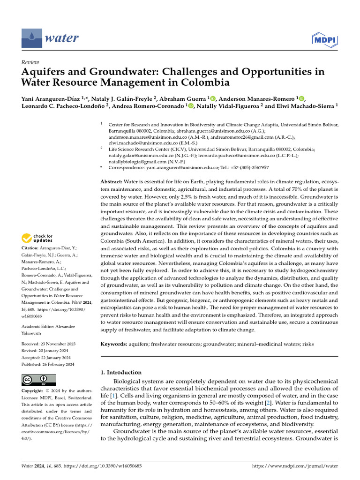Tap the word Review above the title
30,62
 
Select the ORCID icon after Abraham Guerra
212,98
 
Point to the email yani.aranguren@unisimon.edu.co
179,167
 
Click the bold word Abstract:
112,181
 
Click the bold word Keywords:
114,344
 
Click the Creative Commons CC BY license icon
39,379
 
